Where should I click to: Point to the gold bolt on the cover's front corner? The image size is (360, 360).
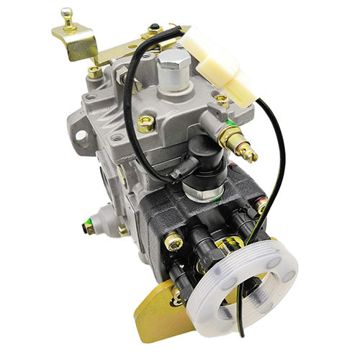pyautogui.click(x=145, y=123)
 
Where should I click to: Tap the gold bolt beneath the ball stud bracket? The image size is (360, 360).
pyautogui.click(x=94, y=71)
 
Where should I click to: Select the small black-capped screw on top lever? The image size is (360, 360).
pyautogui.click(x=153, y=30)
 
